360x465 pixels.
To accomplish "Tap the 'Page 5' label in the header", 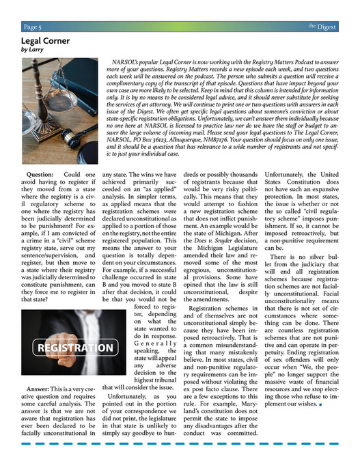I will coord(31,27).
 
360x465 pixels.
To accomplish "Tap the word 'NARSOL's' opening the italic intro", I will coord(126,61).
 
